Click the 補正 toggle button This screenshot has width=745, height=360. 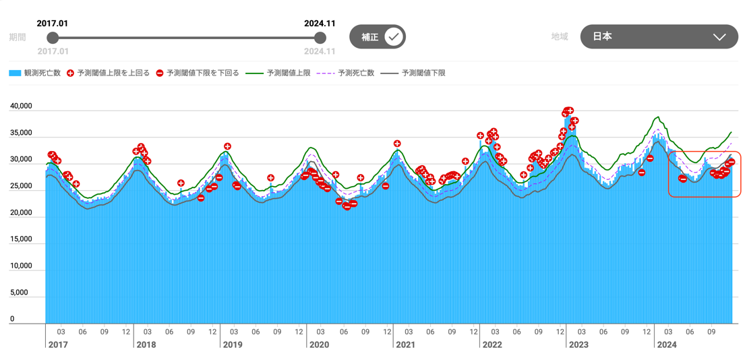[x=377, y=37]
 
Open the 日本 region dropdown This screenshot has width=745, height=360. [x=659, y=37]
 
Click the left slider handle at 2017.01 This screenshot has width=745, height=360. [x=53, y=38]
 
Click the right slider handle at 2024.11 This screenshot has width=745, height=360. [x=320, y=38]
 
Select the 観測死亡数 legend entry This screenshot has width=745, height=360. [x=35, y=73]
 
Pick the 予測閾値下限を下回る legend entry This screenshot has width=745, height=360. [x=198, y=73]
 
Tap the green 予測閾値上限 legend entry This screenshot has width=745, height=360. [x=278, y=73]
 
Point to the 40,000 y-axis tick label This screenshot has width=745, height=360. [x=21, y=107]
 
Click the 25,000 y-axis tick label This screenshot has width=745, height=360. [x=21, y=186]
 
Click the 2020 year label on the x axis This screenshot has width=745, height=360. [x=318, y=345]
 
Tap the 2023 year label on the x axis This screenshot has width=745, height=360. [x=578, y=345]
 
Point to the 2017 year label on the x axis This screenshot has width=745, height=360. [x=59, y=345]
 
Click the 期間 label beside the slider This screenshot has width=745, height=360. [x=18, y=38]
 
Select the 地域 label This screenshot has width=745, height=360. [x=560, y=37]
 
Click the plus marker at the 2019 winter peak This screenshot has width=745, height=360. [x=228, y=146]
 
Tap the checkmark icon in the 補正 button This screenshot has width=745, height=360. [x=394, y=37]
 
